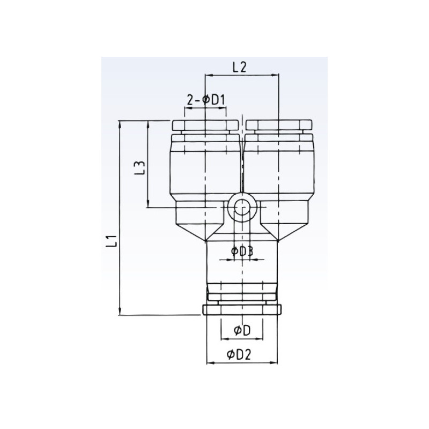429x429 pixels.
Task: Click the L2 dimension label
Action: [239, 67]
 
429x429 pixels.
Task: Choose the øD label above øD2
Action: [242, 331]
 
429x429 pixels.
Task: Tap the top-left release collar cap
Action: [205, 126]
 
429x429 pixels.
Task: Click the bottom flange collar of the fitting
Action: [242, 309]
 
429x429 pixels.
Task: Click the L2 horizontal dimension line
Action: [242, 75]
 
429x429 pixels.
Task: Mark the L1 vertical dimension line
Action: [120, 214]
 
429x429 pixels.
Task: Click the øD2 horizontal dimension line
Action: [242, 363]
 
